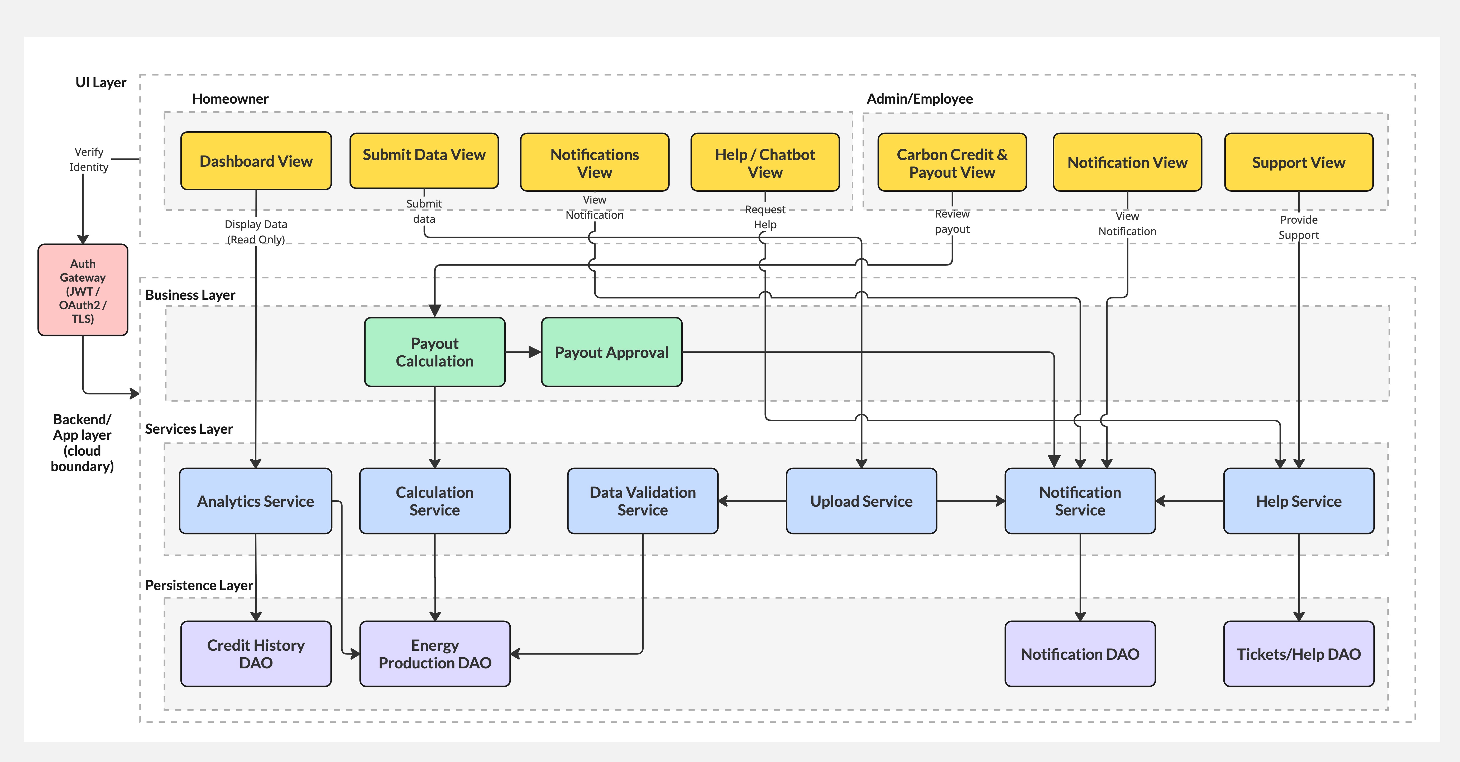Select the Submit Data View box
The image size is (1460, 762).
pos(424,161)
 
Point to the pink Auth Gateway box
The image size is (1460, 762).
pos(83,290)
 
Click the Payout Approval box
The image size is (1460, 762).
pos(611,352)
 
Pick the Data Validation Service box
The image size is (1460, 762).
pos(642,501)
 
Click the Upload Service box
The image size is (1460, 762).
pos(861,501)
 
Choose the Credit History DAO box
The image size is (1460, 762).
pos(256,654)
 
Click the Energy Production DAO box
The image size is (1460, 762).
pos(435,654)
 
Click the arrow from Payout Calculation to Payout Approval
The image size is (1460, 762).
pos(523,352)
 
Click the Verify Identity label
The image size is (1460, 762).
pos(89,159)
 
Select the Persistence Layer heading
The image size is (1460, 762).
pos(199,585)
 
